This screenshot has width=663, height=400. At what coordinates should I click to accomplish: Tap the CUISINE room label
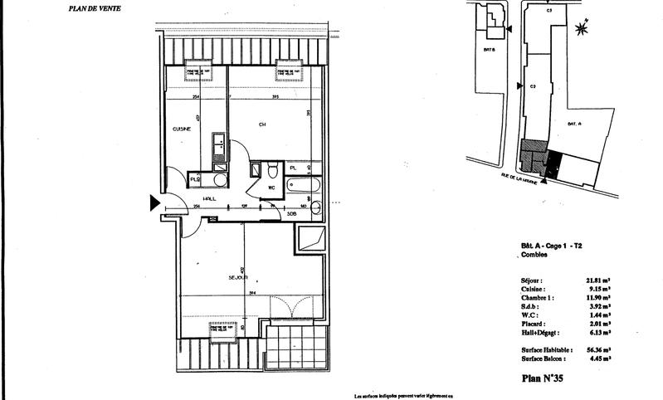tap(183, 129)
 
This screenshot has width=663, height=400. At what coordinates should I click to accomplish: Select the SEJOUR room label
tap(239, 277)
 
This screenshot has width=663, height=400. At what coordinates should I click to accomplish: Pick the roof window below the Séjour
tap(227, 330)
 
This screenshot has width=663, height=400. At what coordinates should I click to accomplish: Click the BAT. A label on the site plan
tap(573, 123)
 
